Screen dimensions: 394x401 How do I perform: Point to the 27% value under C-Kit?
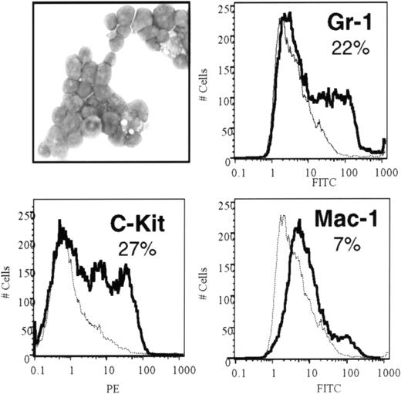136,251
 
